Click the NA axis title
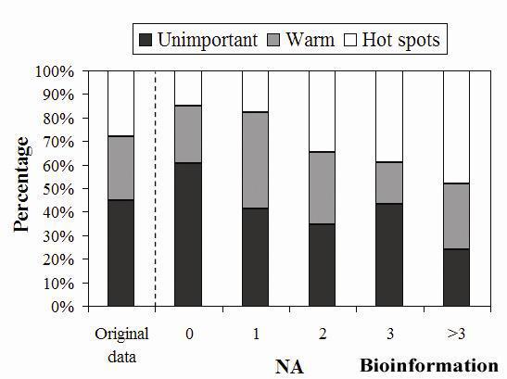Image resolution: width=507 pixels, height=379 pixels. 289,366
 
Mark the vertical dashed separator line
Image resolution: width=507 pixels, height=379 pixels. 154,185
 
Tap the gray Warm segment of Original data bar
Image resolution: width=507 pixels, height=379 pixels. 120,168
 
